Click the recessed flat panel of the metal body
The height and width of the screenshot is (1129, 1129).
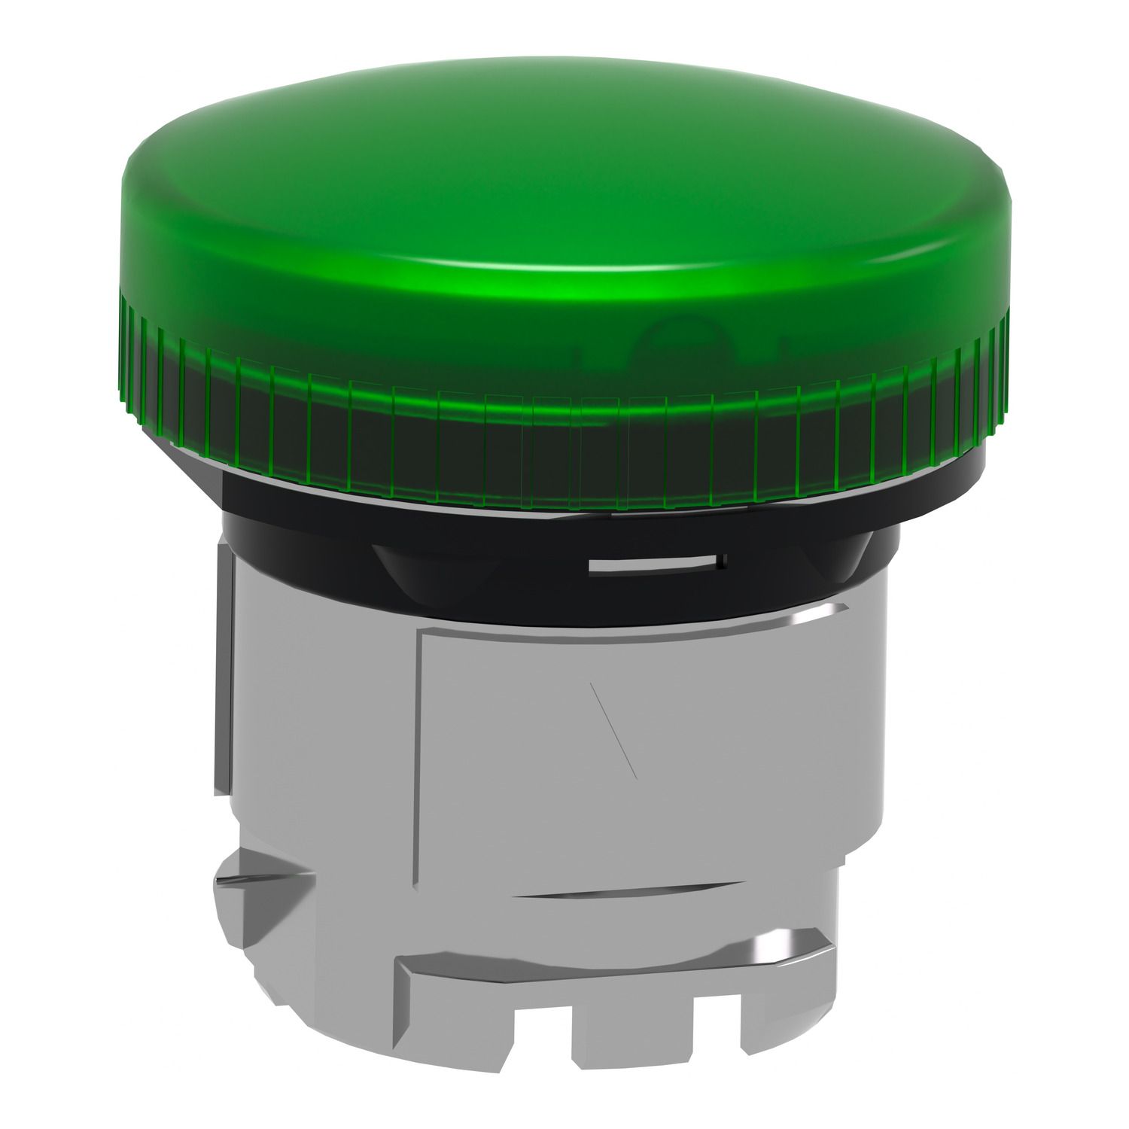640,753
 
